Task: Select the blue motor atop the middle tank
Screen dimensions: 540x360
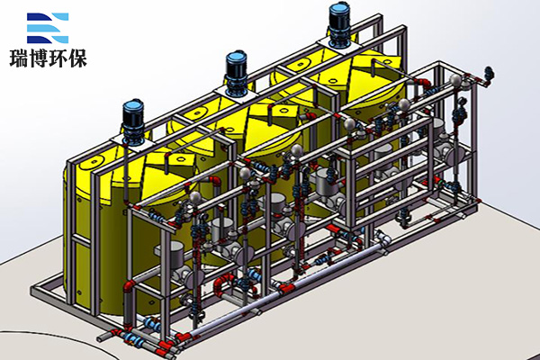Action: [236, 72]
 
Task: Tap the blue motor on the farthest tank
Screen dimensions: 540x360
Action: [339, 25]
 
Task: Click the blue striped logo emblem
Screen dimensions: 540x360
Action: [48, 28]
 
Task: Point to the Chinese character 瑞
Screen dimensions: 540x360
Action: [19, 58]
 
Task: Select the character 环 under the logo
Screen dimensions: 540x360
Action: [58, 58]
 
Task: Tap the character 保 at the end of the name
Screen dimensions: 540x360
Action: [77, 58]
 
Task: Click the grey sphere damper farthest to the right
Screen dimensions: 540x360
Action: [456, 80]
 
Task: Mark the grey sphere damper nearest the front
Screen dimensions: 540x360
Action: [195, 197]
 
